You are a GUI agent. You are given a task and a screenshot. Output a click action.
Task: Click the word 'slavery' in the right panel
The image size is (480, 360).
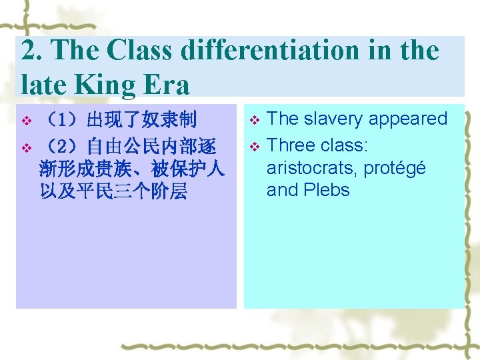click(327, 119)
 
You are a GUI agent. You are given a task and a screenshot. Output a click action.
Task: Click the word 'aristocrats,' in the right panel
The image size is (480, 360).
click(311, 167)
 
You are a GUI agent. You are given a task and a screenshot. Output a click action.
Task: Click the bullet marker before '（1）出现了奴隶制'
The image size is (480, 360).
click(26, 122)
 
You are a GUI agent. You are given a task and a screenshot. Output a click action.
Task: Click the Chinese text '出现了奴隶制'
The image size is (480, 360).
click(142, 121)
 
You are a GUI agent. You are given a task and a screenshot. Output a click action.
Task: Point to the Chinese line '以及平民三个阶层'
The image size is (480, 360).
click(113, 192)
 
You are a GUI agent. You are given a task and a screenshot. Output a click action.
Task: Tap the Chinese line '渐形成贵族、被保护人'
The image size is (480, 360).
click(132, 169)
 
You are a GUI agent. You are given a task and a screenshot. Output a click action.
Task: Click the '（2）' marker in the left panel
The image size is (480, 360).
click(64, 145)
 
